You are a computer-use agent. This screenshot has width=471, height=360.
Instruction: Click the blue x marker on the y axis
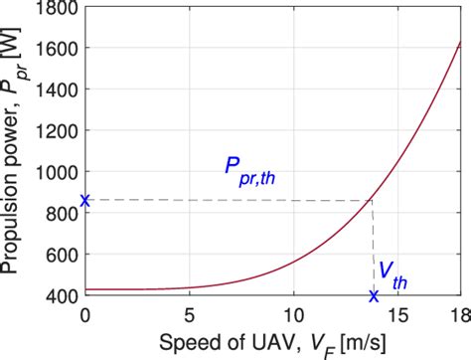85,201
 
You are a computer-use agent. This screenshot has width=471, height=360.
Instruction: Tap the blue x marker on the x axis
374,295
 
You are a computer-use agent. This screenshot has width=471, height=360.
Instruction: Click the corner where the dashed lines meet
373,201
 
